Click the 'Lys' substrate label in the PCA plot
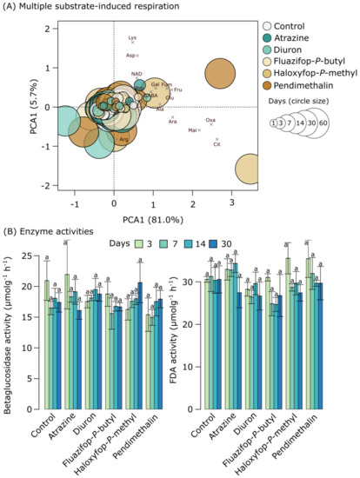[x=132, y=39]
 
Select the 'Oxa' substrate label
[x=210, y=120]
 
